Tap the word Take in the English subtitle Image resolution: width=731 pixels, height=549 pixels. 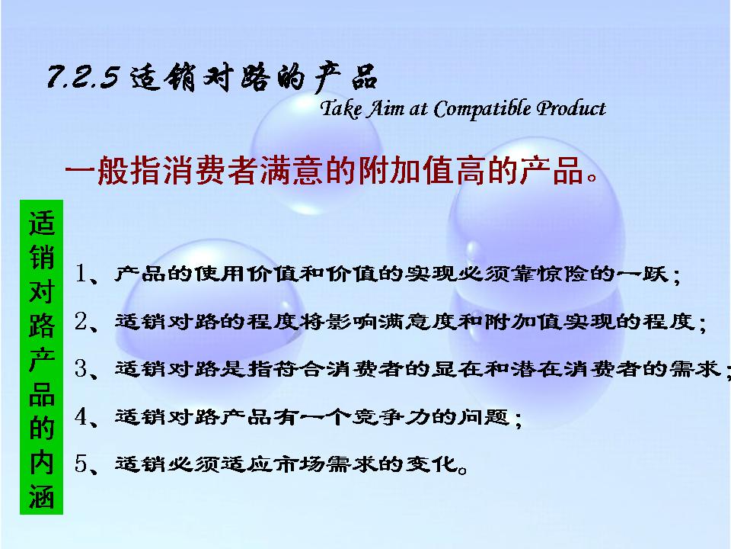click(341, 109)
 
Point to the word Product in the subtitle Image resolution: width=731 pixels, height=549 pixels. click(571, 108)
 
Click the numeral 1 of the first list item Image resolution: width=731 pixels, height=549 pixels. click(81, 273)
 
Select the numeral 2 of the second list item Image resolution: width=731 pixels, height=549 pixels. click(81, 321)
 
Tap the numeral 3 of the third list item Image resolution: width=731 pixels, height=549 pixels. click(81, 369)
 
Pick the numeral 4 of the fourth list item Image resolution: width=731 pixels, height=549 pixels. click(81, 416)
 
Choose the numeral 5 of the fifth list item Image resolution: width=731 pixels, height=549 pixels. click(81, 464)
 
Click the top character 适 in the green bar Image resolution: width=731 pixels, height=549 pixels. click(41, 223)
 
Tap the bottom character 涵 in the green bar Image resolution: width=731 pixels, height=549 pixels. click(41, 496)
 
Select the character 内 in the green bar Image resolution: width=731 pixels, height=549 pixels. click(41, 462)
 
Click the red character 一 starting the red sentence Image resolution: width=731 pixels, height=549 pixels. click(80, 170)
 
